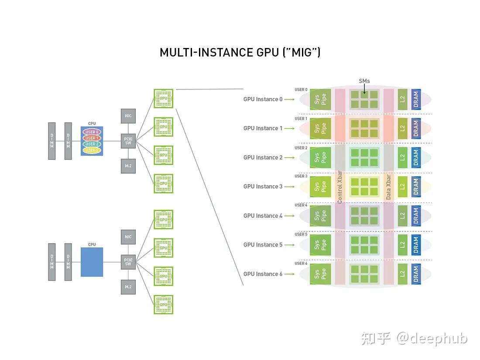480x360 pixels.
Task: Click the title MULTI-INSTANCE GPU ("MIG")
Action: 240,53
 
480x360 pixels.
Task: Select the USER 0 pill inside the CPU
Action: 92,132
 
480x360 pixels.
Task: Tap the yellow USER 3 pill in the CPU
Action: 92,150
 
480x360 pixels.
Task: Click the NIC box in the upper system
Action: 128,116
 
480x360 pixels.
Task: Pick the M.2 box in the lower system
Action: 128,287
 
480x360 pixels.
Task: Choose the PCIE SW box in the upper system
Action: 128,141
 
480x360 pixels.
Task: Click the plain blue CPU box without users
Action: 92,262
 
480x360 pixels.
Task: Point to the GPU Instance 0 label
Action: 263,99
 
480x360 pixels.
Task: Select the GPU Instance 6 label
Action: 263,274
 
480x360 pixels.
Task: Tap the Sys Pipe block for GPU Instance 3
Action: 320,187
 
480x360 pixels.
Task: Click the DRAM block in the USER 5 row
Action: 416,245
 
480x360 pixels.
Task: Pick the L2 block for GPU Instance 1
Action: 402,128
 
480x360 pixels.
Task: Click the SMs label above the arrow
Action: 364,81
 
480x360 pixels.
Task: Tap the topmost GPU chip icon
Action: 164,99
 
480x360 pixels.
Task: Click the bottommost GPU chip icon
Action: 164,305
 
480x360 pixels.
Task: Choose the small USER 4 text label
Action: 301,205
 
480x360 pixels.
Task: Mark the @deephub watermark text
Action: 432,338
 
